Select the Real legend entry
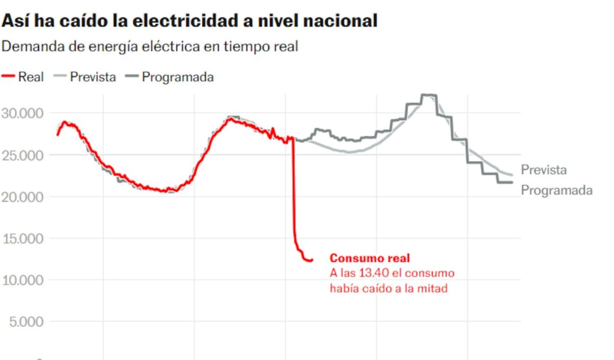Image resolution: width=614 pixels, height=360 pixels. [31, 77]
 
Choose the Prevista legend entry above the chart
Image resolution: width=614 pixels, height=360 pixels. [93, 77]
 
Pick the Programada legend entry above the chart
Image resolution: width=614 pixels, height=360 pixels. [177, 77]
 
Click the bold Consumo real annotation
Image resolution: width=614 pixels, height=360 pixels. [369, 258]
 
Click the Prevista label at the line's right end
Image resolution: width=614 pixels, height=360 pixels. [544, 170]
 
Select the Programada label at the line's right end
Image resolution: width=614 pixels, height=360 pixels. [556, 191]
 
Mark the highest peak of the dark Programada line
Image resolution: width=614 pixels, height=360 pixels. [429, 95]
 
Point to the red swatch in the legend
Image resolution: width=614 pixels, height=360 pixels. [8, 77]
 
